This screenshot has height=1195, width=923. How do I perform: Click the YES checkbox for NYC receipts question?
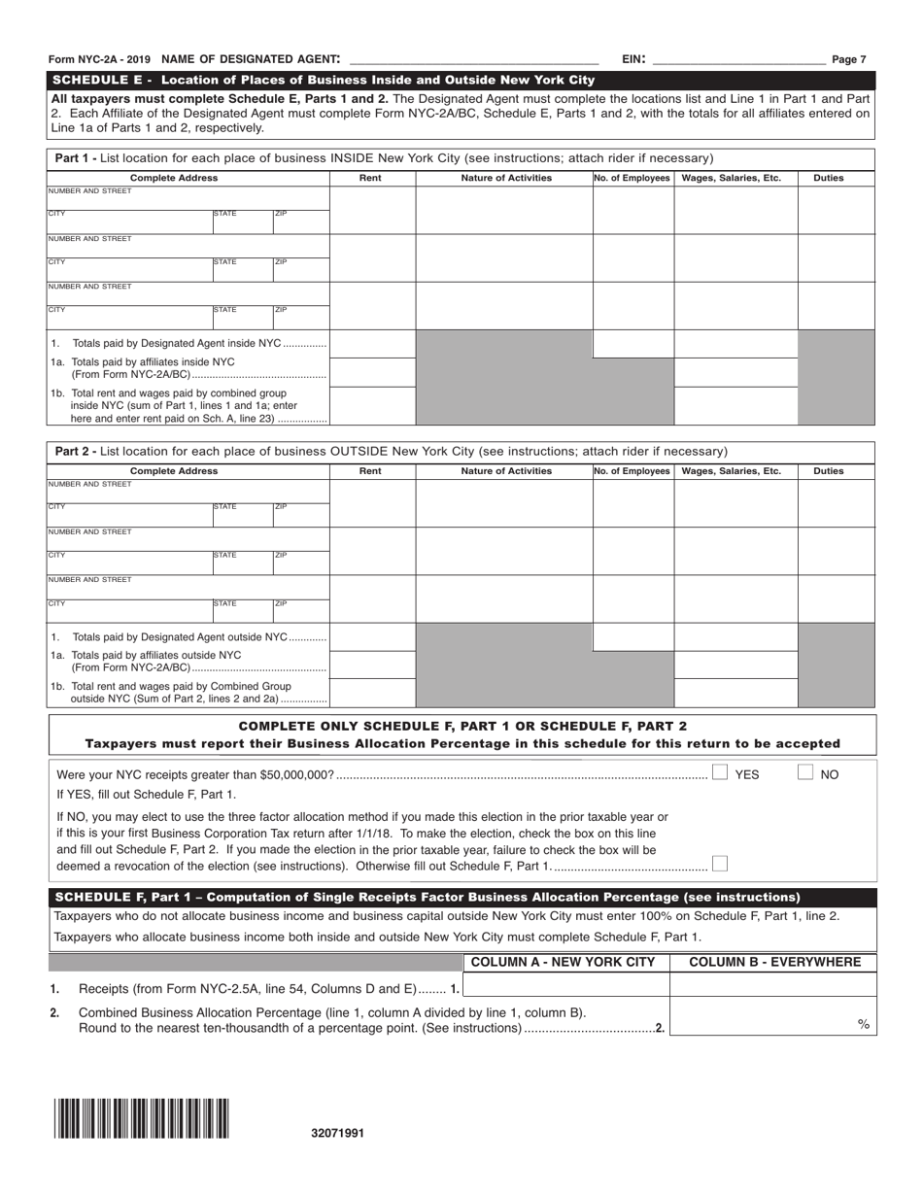point(720,773)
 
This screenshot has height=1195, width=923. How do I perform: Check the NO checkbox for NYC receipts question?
point(805,773)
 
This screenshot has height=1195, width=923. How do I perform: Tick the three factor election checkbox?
point(719,864)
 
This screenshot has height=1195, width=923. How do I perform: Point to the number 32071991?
point(338,1133)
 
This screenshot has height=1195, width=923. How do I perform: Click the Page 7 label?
point(848,59)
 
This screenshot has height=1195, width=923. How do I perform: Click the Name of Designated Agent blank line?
point(473,60)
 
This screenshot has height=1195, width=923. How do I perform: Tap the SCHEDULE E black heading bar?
point(461,80)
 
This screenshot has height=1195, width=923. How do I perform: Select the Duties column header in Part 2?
point(828,471)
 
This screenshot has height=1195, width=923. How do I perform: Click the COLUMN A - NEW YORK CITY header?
point(565,962)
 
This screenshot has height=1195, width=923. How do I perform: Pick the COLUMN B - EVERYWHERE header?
point(773,962)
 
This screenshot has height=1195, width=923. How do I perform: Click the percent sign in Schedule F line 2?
point(863,1024)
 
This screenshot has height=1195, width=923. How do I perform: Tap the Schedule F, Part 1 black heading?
point(461,897)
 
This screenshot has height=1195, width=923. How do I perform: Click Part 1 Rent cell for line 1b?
point(372,406)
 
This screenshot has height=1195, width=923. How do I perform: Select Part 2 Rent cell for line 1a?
point(372,664)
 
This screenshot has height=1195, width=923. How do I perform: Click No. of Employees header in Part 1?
point(632,178)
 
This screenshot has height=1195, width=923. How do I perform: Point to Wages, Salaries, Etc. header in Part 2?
point(735,471)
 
